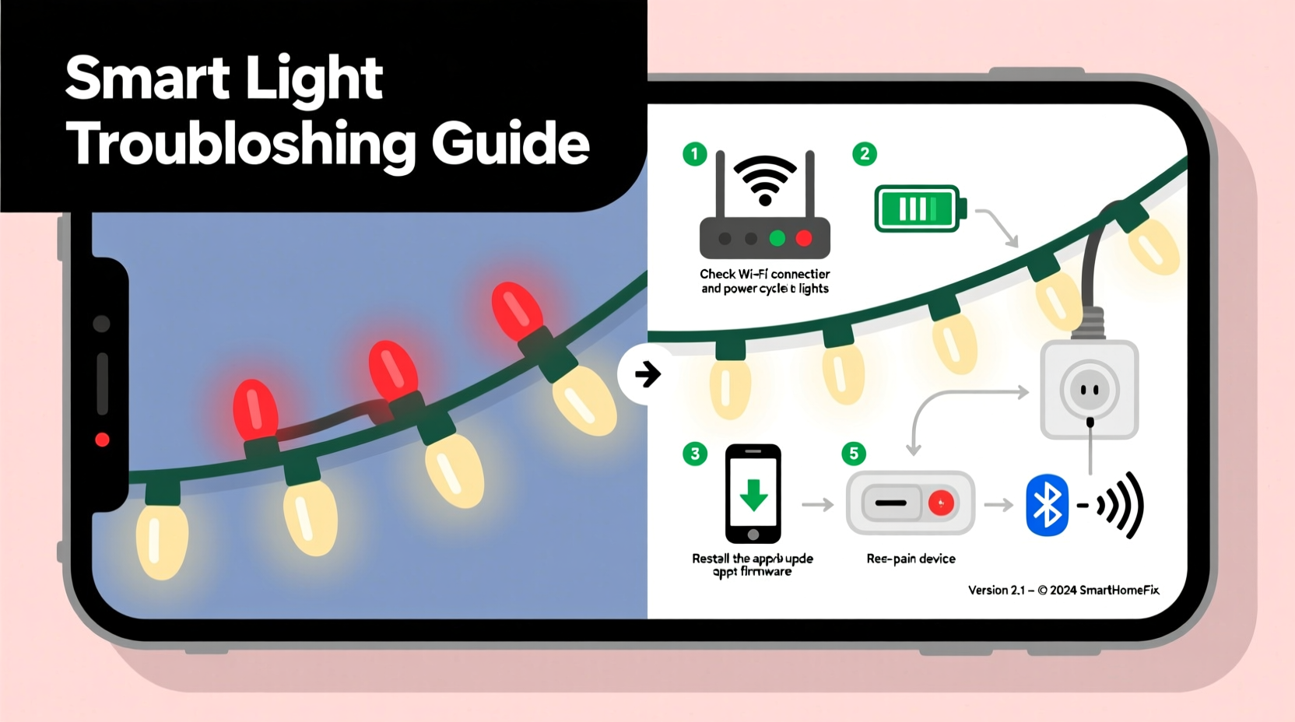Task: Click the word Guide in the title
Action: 511,143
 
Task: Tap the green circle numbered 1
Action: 694,154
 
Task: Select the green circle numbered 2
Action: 865,154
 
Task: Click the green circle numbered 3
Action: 695,454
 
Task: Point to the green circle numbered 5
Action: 854,454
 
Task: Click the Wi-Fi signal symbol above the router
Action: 765,179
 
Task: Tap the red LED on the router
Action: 804,238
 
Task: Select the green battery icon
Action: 919,209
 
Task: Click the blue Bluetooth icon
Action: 1047,506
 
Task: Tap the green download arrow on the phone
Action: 753,495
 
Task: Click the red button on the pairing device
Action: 941,503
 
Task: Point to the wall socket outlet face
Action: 1090,389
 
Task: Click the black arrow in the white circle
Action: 647,374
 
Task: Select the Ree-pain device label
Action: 911,559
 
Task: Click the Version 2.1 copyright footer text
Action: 1063,591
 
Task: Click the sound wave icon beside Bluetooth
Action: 1121,506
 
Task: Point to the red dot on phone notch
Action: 102,440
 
